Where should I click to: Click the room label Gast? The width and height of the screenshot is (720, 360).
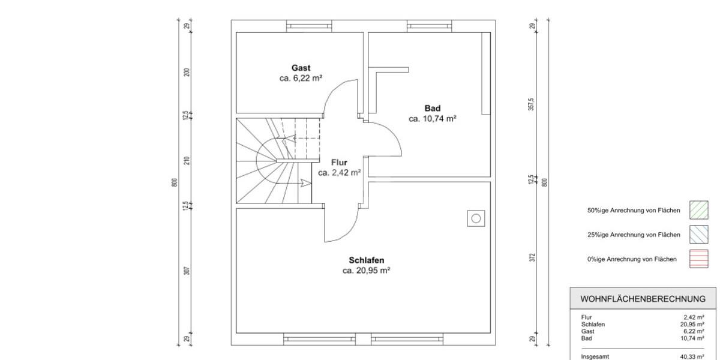[x=301, y=68]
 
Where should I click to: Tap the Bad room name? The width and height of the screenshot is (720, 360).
[x=433, y=109]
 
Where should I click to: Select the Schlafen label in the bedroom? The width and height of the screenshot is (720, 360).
[x=367, y=260]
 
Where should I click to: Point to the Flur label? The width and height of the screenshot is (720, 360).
[x=339, y=163]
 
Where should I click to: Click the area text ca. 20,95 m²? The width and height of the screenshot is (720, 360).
[x=367, y=271]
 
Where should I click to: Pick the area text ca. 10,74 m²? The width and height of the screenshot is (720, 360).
[x=433, y=119]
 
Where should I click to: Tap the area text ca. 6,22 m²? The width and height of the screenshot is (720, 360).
[x=301, y=79]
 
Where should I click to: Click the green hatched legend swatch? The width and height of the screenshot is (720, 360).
[x=699, y=210]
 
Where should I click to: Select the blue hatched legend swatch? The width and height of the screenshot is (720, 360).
[x=699, y=235]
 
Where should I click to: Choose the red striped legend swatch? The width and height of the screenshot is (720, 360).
[x=699, y=259]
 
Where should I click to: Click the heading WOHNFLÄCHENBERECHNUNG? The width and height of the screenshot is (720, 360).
[x=643, y=299]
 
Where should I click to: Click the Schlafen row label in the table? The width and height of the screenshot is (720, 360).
[x=593, y=325]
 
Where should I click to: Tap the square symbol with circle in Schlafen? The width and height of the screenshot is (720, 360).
[x=476, y=218]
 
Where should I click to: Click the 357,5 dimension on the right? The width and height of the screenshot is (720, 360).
[x=531, y=104]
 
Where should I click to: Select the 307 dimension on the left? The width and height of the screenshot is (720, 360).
[x=187, y=271]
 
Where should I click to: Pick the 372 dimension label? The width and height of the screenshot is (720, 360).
[x=532, y=257]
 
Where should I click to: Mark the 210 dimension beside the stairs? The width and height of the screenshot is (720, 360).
[x=187, y=161]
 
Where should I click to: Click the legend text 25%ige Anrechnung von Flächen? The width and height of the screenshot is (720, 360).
[x=634, y=235]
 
